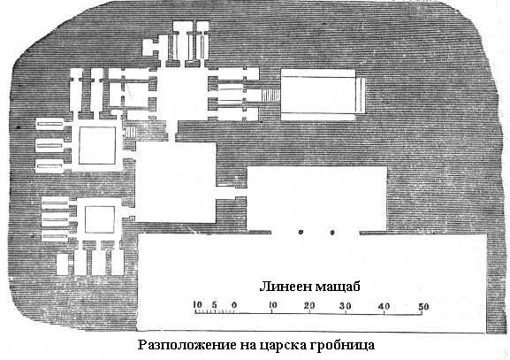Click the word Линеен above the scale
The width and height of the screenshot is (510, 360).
coord(285,287)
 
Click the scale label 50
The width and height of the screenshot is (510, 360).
coord(422,307)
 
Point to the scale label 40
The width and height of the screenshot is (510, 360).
coord(384,307)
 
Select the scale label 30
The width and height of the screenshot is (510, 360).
coord(346,306)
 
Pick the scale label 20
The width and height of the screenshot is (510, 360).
coord(309,306)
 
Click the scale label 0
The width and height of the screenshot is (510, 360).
coord(234,305)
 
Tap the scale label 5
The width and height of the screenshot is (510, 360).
coord(215,305)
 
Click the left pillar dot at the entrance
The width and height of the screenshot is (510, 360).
coord(301,232)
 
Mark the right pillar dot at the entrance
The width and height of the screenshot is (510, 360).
coord(332,233)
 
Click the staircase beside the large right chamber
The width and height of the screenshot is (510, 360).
coord(270,96)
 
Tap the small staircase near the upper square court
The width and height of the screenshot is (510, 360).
coord(130,133)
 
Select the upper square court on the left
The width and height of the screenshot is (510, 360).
coord(97,145)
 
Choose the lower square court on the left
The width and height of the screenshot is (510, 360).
coord(100,219)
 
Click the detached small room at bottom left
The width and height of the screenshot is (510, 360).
coord(62,264)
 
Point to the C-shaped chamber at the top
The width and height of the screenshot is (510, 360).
coord(150,48)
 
